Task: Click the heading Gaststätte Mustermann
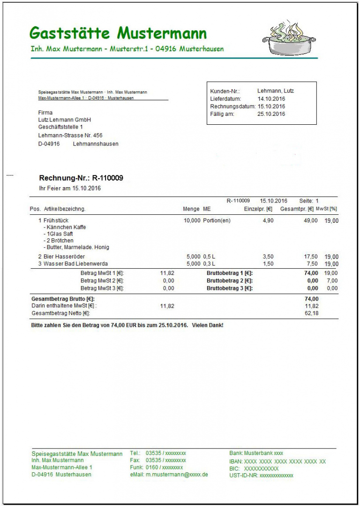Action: click(118, 33)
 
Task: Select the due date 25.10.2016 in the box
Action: click(271, 114)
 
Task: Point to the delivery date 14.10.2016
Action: click(271, 99)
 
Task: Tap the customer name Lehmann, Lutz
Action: click(276, 91)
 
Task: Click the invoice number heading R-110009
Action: click(107, 178)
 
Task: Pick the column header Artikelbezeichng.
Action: click(65, 209)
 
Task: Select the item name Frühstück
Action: click(56, 220)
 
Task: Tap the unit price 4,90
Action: click(268, 220)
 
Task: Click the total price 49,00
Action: click(311, 220)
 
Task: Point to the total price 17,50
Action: click(311, 257)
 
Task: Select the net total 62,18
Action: click(311, 313)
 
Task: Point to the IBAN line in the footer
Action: click(277, 462)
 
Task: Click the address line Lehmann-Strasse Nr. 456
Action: click(70, 136)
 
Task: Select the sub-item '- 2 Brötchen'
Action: click(59, 241)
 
